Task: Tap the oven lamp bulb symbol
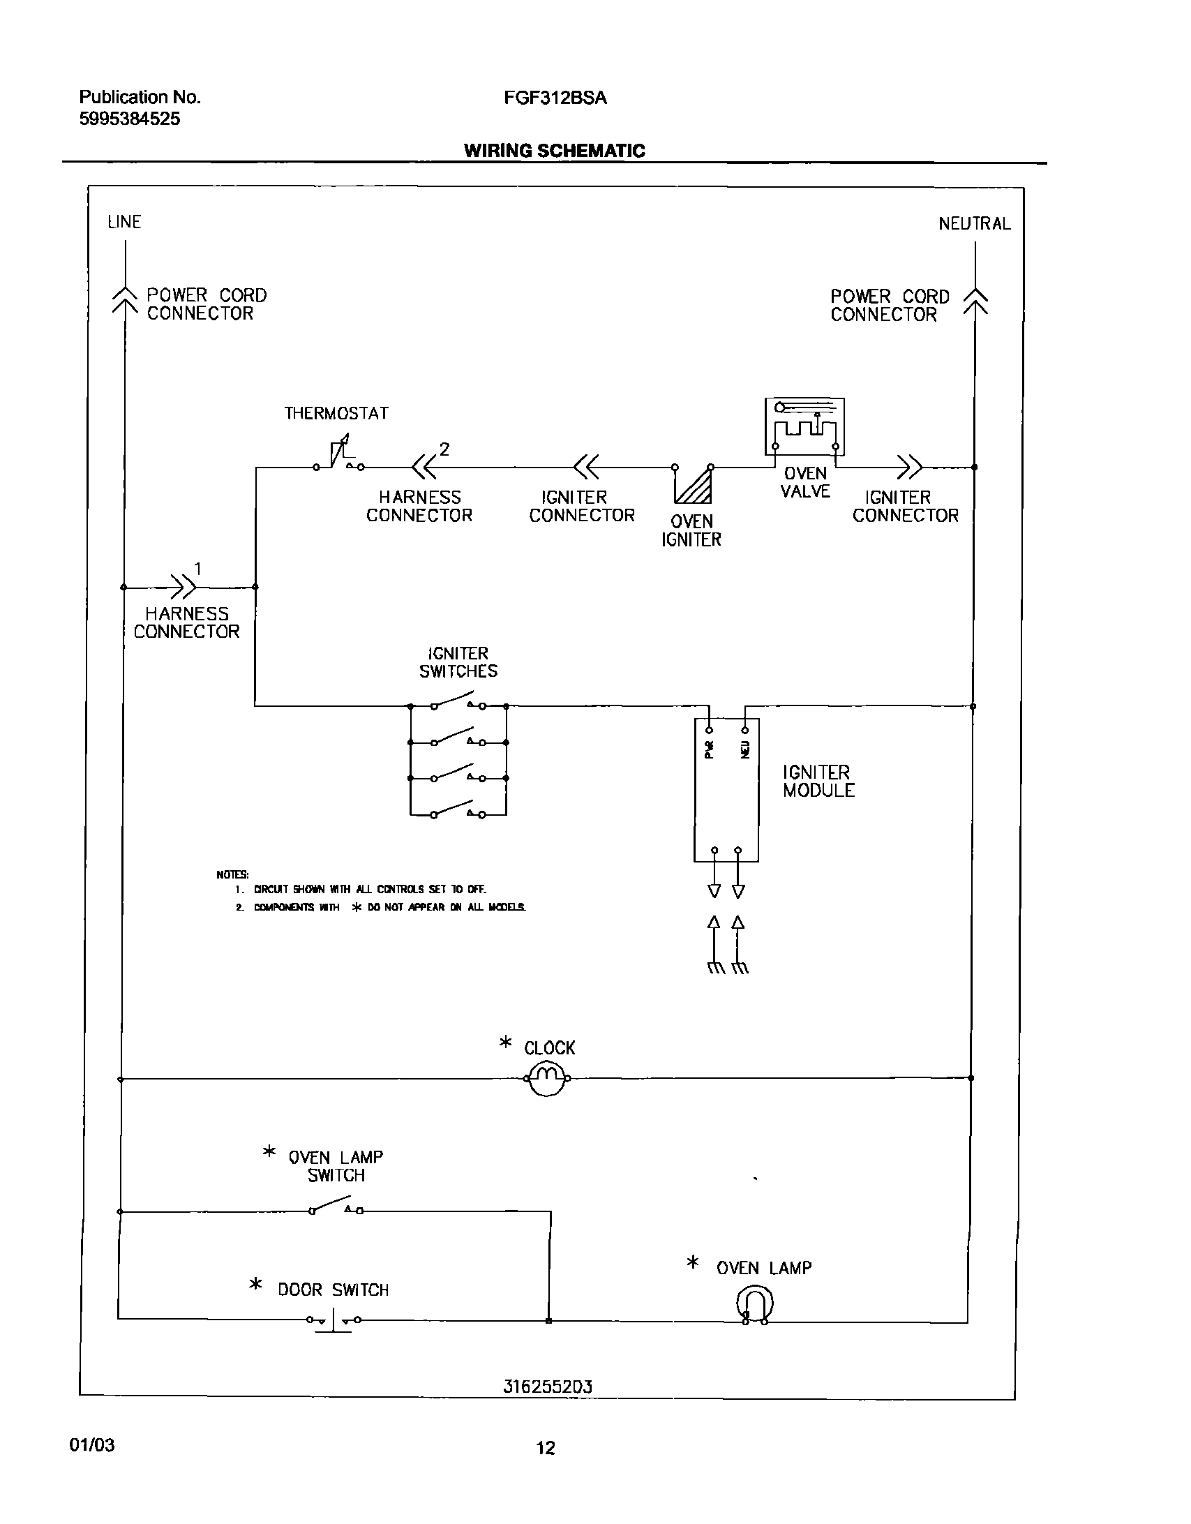click(x=755, y=1305)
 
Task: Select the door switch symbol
click(x=334, y=1320)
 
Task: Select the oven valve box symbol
click(x=804, y=426)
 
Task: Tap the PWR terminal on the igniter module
click(x=709, y=731)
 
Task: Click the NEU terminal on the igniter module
click(x=745, y=731)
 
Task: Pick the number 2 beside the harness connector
click(x=444, y=449)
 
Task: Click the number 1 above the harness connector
click(x=197, y=569)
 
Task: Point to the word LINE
click(x=124, y=222)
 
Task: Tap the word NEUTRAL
click(x=974, y=223)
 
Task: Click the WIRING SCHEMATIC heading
click(x=555, y=151)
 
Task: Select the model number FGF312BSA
click(x=555, y=98)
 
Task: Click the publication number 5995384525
click(x=130, y=119)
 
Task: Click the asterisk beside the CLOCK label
click(x=506, y=1043)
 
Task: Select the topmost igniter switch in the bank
click(x=458, y=700)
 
